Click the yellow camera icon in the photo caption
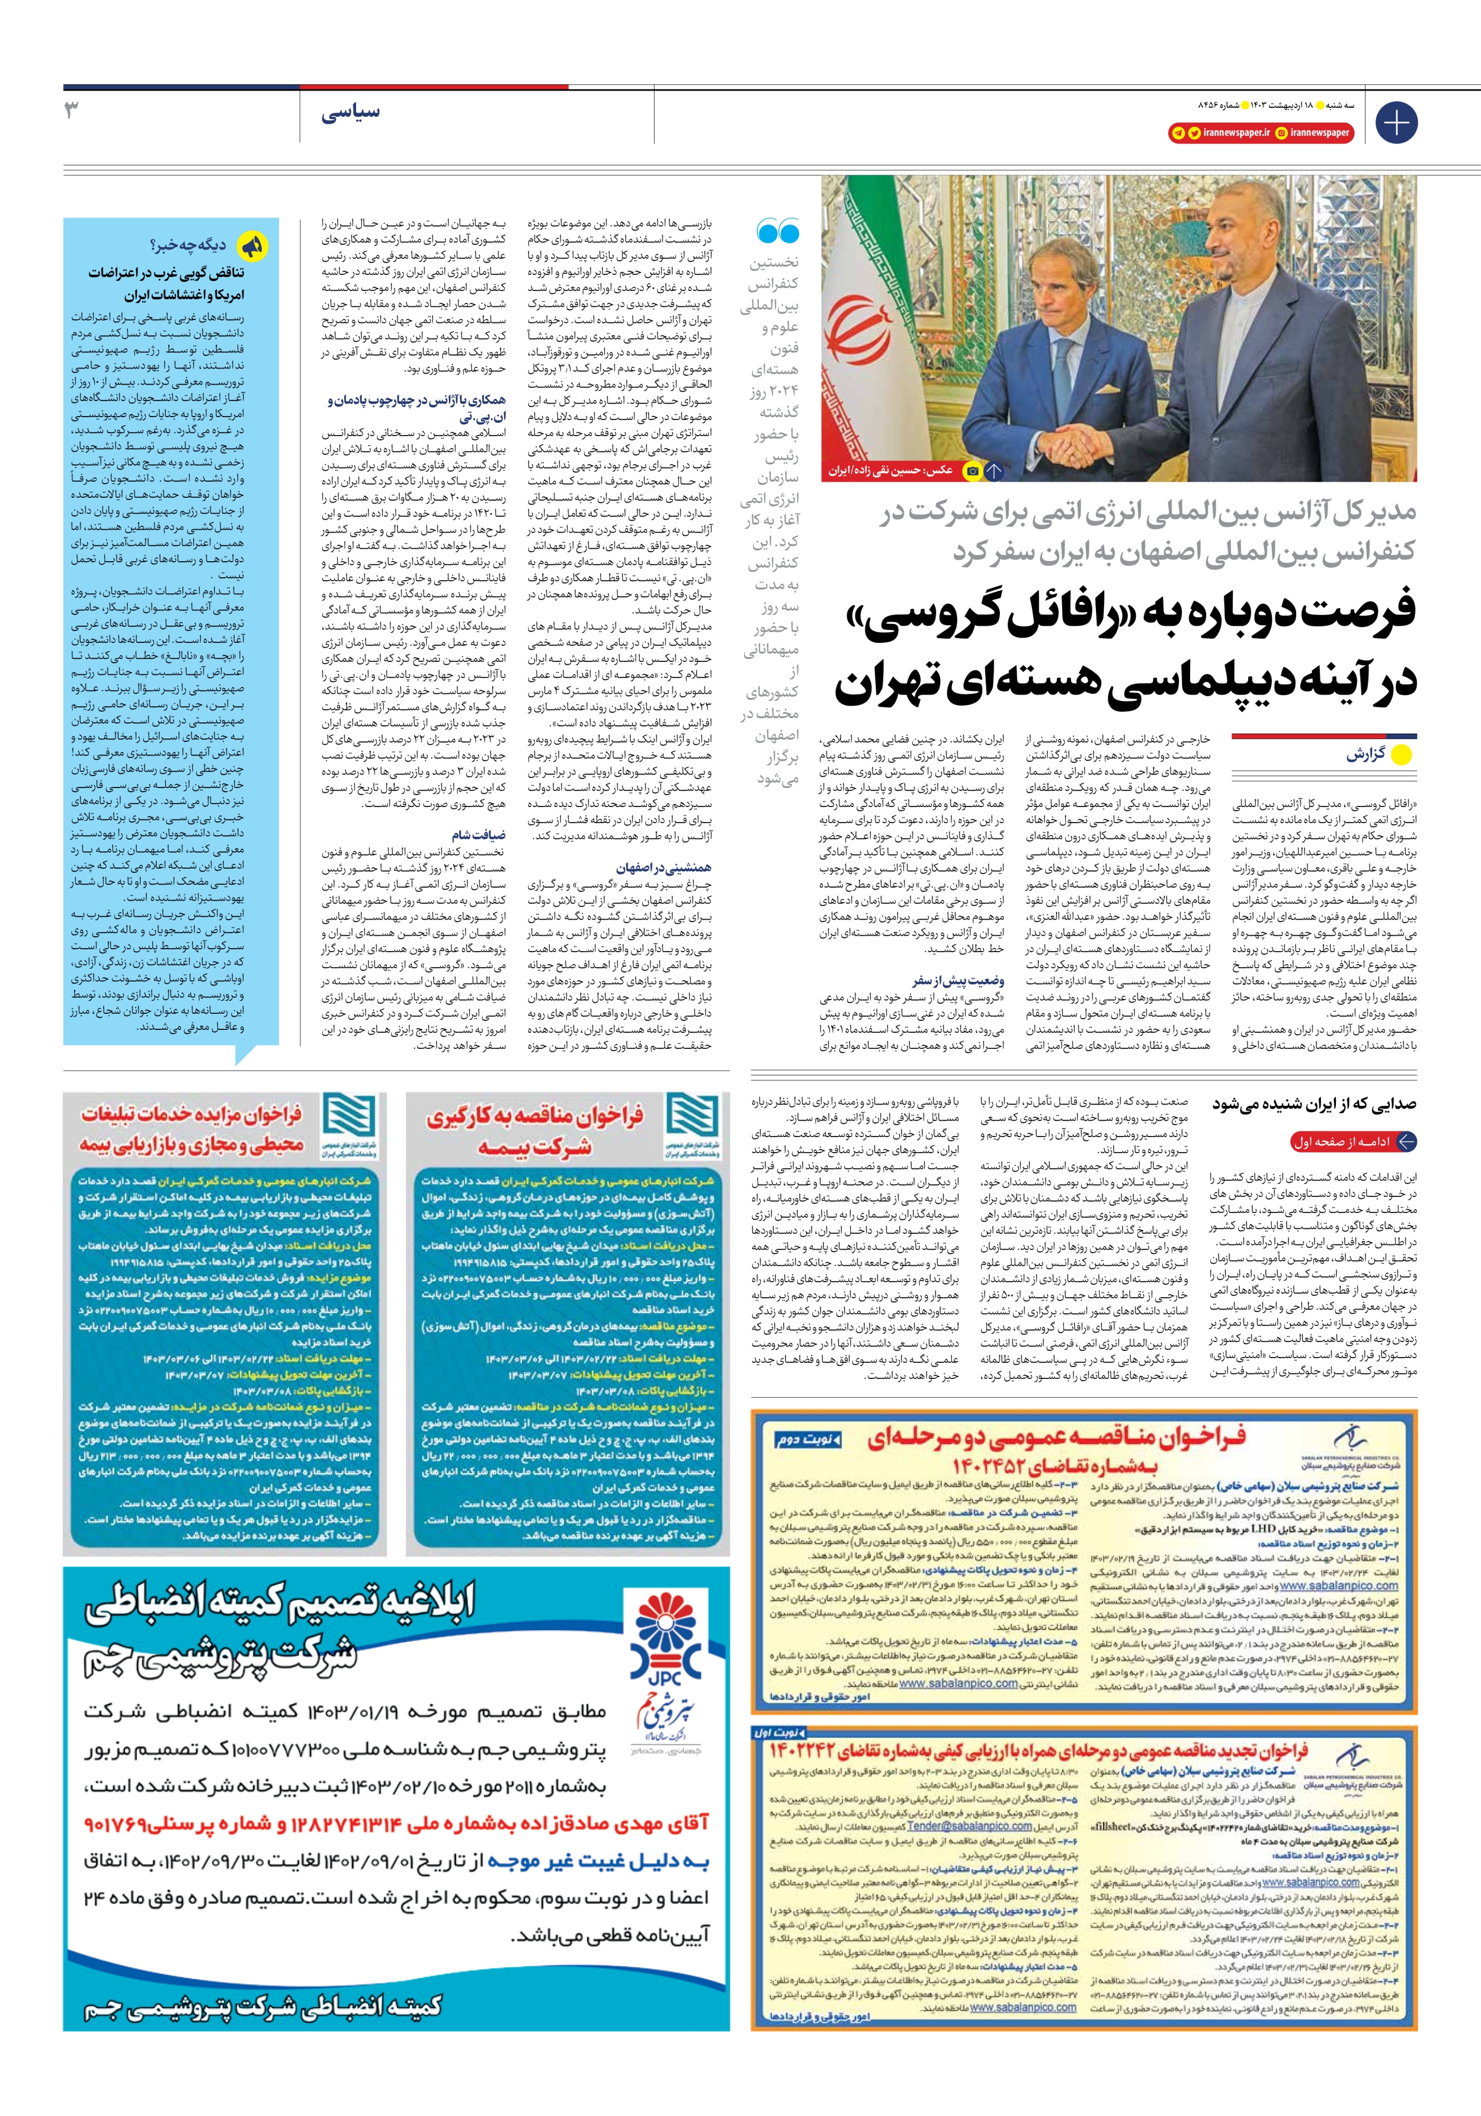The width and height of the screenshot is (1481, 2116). pyautogui.click(x=972, y=471)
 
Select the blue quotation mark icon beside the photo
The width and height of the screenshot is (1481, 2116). pyautogui.click(x=777, y=231)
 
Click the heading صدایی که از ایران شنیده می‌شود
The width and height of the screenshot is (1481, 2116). pyautogui.click(x=1314, y=1103)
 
